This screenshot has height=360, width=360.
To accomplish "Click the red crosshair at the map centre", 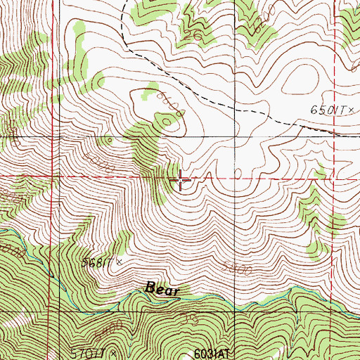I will point(181,180).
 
